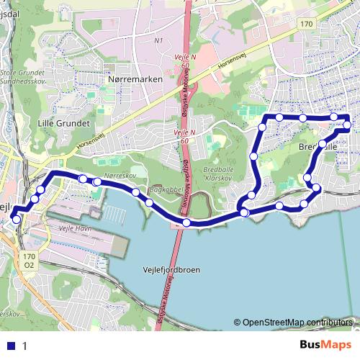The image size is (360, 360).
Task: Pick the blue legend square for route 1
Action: [x=12, y=345]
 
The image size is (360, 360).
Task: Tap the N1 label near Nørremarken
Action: [x=159, y=41]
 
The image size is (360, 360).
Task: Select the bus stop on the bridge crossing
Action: [x=186, y=222]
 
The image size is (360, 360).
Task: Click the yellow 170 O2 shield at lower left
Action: [x=30, y=260]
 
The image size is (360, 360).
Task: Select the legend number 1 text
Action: [x=24, y=346]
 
